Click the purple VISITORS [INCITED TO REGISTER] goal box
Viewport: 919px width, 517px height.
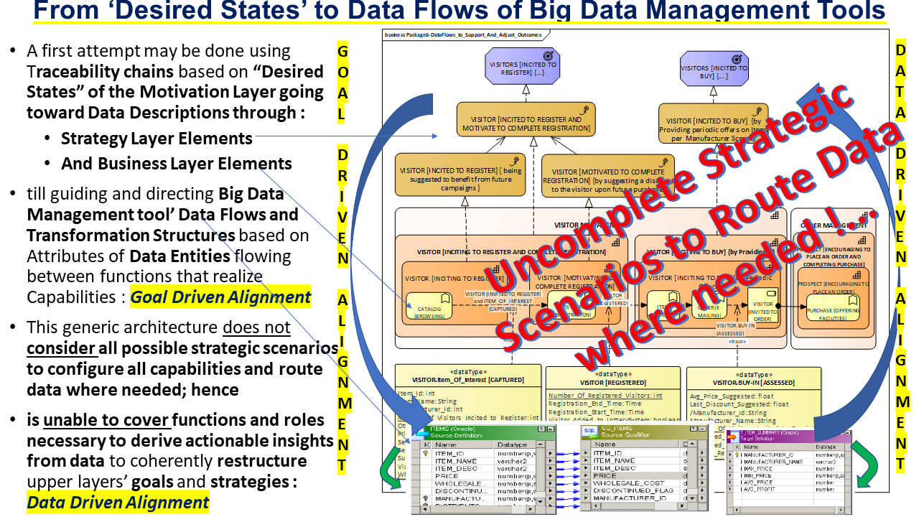(x=523, y=68)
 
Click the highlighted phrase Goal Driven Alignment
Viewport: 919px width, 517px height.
(x=220, y=297)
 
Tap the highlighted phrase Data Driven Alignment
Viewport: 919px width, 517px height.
(x=118, y=503)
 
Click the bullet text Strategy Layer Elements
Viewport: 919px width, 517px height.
(x=157, y=139)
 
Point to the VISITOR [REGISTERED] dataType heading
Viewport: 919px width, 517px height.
(x=612, y=383)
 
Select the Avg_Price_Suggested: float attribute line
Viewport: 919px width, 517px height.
(x=732, y=396)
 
